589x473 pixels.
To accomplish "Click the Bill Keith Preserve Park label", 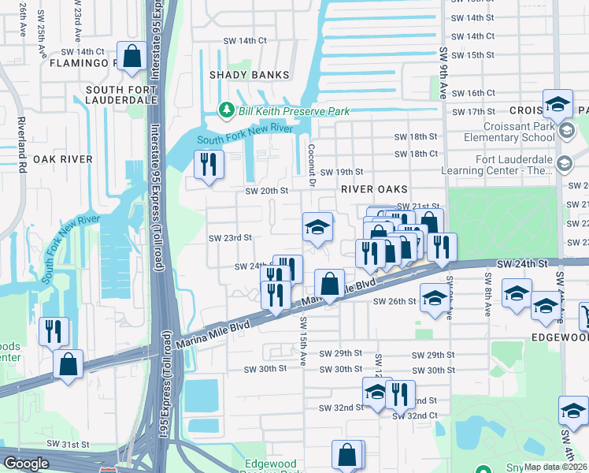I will [x=294, y=111].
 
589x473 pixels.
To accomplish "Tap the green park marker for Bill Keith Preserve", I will [x=227, y=108].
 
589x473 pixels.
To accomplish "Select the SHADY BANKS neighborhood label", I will [x=248, y=75].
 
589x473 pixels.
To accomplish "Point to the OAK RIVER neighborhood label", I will [x=63, y=158].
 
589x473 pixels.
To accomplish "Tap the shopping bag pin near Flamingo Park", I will [x=132, y=57].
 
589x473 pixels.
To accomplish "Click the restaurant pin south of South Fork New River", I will [x=209, y=164].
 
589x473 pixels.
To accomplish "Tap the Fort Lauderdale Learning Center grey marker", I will [x=564, y=164].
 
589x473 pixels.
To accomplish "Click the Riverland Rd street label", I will [x=23, y=146].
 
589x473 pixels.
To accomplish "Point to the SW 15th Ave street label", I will [x=302, y=341].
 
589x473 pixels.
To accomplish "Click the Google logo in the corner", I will [x=26, y=464].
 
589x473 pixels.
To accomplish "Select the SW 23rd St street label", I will [x=230, y=237].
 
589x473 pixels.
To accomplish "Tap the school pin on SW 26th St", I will [x=434, y=298].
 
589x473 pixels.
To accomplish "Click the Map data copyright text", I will [x=554, y=467].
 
